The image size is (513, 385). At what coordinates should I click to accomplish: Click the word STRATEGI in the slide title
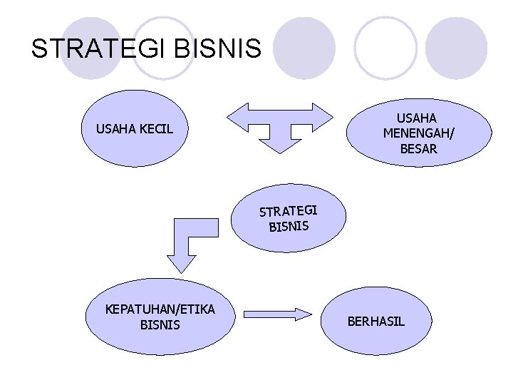[x=95, y=48]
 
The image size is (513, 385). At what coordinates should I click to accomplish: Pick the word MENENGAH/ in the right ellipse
[x=418, y=133]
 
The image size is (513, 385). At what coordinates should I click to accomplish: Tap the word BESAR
[x=418, y=149]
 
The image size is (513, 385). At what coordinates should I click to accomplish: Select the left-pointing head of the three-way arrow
[x=238, y=118]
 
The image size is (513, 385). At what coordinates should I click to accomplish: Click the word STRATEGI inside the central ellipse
[x=288, y=211]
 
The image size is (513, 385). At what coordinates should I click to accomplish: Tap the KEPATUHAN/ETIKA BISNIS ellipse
[x=160, y=317]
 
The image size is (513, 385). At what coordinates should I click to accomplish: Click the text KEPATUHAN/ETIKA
[x=160, y=309]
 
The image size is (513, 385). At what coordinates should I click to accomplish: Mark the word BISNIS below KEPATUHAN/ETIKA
[x=160, y=325]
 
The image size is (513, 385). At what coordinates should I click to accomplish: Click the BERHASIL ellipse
[x=375, y=321]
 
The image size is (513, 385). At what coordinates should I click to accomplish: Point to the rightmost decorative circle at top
[x=460, y=48]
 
